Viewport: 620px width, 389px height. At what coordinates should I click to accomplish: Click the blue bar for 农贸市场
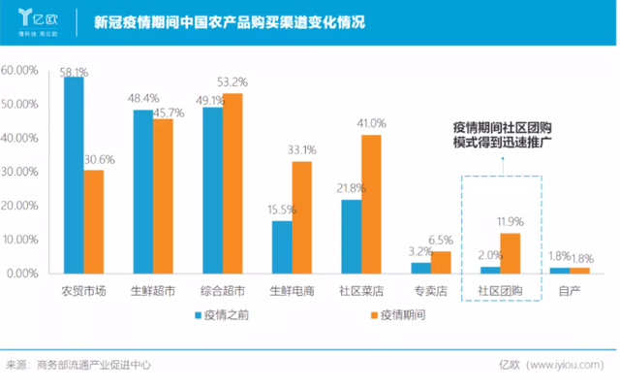[x=74, y=176]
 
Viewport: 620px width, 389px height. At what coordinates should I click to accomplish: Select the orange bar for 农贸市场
[x=93, y=221]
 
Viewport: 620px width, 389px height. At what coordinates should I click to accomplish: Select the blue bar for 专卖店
[x=420, y=268]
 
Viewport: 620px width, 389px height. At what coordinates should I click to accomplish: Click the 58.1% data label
[x=74, y=72]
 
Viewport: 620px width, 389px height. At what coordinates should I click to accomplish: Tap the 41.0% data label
[x=371, y=123]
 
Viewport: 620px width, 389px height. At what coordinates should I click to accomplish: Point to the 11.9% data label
[x=511, y=222]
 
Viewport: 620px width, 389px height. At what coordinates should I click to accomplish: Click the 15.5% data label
[x=282, y=210]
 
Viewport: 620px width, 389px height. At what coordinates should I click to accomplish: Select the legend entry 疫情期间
[x=397, y=314]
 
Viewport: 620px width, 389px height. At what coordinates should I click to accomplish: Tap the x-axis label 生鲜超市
[x=153, y=290]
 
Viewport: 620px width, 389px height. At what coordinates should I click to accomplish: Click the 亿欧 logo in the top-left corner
[x=40, y=22]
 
